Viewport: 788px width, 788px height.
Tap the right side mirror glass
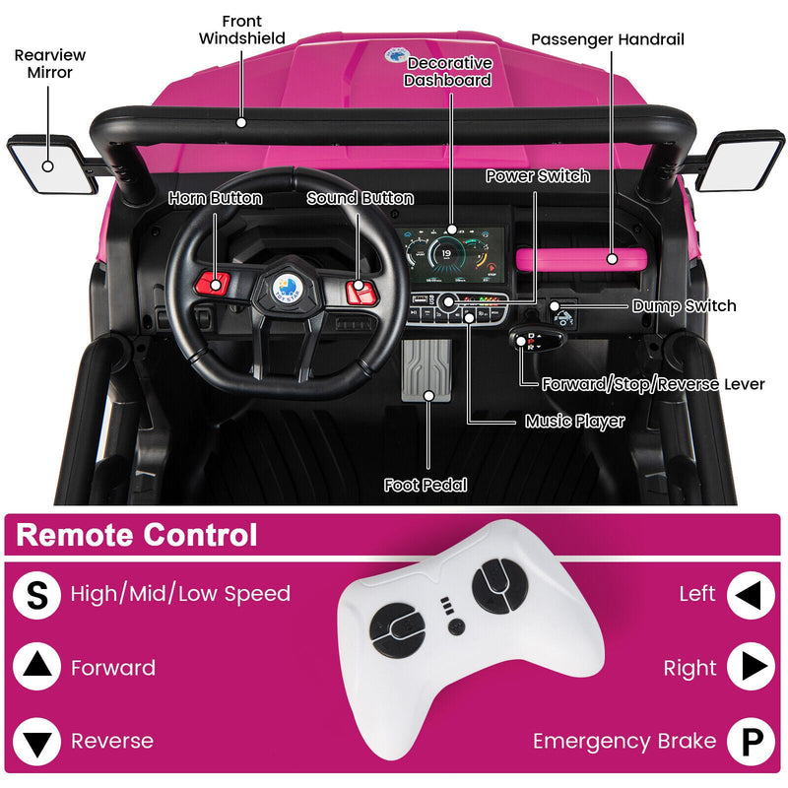tap(742, 161)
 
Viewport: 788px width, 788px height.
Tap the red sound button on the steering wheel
tap(360, 290)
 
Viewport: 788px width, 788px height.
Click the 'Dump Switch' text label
tap(684, 305)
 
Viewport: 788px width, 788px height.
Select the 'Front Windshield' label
tap(242, 30)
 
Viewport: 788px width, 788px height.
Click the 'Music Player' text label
tap(574, 422)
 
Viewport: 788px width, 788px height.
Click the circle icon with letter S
tap(36, 595)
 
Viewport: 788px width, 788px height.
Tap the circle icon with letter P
tap(751, 742)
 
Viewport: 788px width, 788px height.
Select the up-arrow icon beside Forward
tap(36, 668)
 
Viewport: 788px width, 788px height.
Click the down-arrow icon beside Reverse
tap(36, 742)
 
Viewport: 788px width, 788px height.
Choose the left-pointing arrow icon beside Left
tap(751, 595)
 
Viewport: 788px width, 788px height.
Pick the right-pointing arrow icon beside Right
tap(751, 668)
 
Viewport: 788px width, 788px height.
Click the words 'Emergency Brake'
tap(624, 741)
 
